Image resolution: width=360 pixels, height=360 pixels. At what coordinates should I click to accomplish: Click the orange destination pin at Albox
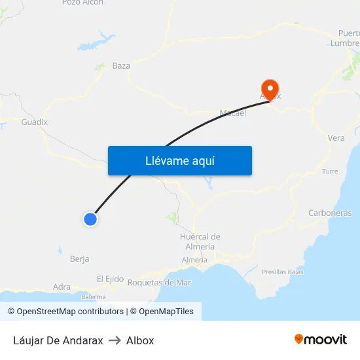(x=270, y=88)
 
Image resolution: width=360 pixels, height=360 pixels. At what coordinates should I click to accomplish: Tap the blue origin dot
(x=90, y=219)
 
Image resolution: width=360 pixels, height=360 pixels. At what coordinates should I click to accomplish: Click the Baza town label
(x=121, y=65)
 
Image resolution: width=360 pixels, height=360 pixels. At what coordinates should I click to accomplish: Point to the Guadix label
(x=35, y=122)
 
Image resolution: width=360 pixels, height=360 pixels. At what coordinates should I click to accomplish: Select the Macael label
(x=233, y=113)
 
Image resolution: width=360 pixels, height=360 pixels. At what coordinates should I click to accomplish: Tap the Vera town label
(x=336, y=138)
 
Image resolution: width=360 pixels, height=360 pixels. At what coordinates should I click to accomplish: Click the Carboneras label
(x=330, y=213)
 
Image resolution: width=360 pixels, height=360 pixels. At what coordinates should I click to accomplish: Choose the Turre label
(x=330, y=171)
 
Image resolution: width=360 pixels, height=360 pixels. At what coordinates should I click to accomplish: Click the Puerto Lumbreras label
(x=349, y=38)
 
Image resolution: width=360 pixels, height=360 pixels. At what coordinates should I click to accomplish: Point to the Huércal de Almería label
(x=200, y=241)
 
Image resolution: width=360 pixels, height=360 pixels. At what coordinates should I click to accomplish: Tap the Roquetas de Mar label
(x=159, y=282)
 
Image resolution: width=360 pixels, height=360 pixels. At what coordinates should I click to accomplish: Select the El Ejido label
(x=110, y=279)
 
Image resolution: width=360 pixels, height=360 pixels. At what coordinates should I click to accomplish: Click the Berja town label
(x=79, y=259)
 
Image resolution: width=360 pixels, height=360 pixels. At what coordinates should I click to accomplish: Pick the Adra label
(x=62, y=287)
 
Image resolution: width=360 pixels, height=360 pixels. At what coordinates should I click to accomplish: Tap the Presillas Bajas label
(x=282, y=272)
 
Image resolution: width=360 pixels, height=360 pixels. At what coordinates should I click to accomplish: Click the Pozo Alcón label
(x=82, y=3)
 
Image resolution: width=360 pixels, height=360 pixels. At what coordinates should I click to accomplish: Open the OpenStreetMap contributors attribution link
(x=65, y=312)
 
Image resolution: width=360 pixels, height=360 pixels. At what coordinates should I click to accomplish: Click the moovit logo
(x=320, y=340)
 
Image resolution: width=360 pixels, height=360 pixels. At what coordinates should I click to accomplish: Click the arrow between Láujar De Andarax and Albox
(x=115, y=340)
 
